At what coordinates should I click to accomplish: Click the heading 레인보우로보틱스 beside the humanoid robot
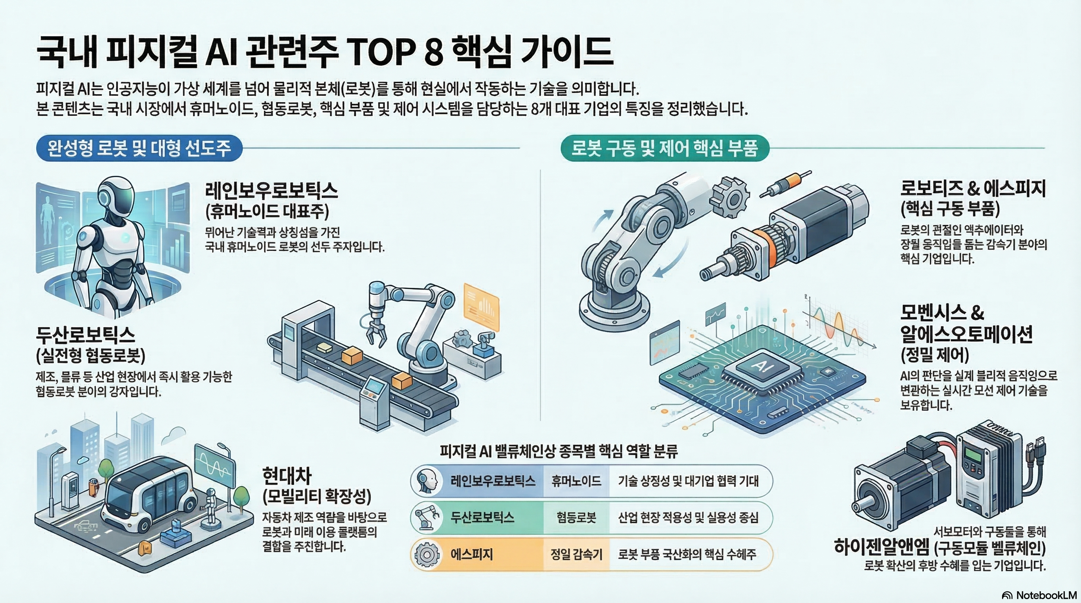click(x=271, y=191)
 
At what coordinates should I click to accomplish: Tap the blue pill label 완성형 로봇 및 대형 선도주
click(x=139, y=148)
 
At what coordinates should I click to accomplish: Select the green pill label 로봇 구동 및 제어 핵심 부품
click(x=664, y=148)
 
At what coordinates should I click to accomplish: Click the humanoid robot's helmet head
click(x=116, y=196)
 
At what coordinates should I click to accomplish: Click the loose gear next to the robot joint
click(x=731, y=197)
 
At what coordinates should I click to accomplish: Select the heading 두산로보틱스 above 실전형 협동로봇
click(x=86, y=335)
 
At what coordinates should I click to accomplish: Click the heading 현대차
click(x=287, y=475)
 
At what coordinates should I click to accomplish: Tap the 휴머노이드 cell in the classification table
click(x=576, y=481)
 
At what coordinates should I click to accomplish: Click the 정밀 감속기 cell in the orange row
click(x=576, y=554)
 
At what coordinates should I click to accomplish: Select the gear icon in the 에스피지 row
click(x=427, y=554)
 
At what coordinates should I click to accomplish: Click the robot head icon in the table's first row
click(x=427, y=481)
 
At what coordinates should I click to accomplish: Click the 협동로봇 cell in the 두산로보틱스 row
click(x=576, y=517)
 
